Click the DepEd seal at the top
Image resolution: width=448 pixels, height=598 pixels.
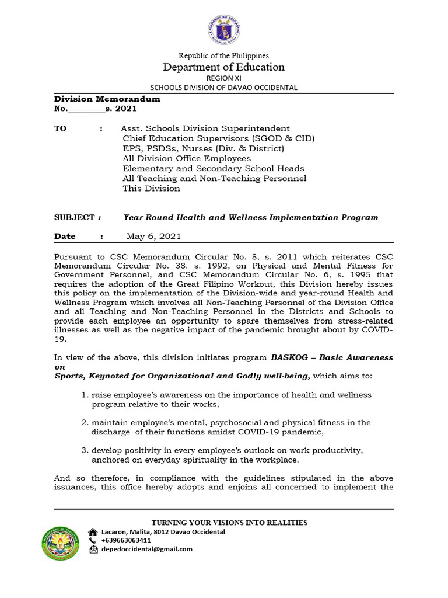[223, 27]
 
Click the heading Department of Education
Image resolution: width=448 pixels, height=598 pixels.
[224, 67]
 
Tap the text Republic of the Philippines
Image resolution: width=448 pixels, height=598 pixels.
[224, 55]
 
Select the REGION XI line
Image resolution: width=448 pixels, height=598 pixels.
[224, 78]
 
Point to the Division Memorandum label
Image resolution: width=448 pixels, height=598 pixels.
[107, 99]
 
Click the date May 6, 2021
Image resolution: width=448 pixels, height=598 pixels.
[153, 237]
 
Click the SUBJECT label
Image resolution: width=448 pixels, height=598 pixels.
[74, 217]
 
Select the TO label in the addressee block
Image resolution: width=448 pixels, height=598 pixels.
[61, 128]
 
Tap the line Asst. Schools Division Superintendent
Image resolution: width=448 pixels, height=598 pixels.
[205, 128]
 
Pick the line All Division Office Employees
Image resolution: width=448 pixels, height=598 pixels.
[187, 158]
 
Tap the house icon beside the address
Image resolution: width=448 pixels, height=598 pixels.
[93, 532]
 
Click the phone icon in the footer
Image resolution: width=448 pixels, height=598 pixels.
[93, 541]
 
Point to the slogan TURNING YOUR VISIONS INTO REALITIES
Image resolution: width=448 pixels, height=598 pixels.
[229, 523]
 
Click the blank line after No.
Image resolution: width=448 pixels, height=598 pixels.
[86, 109]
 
